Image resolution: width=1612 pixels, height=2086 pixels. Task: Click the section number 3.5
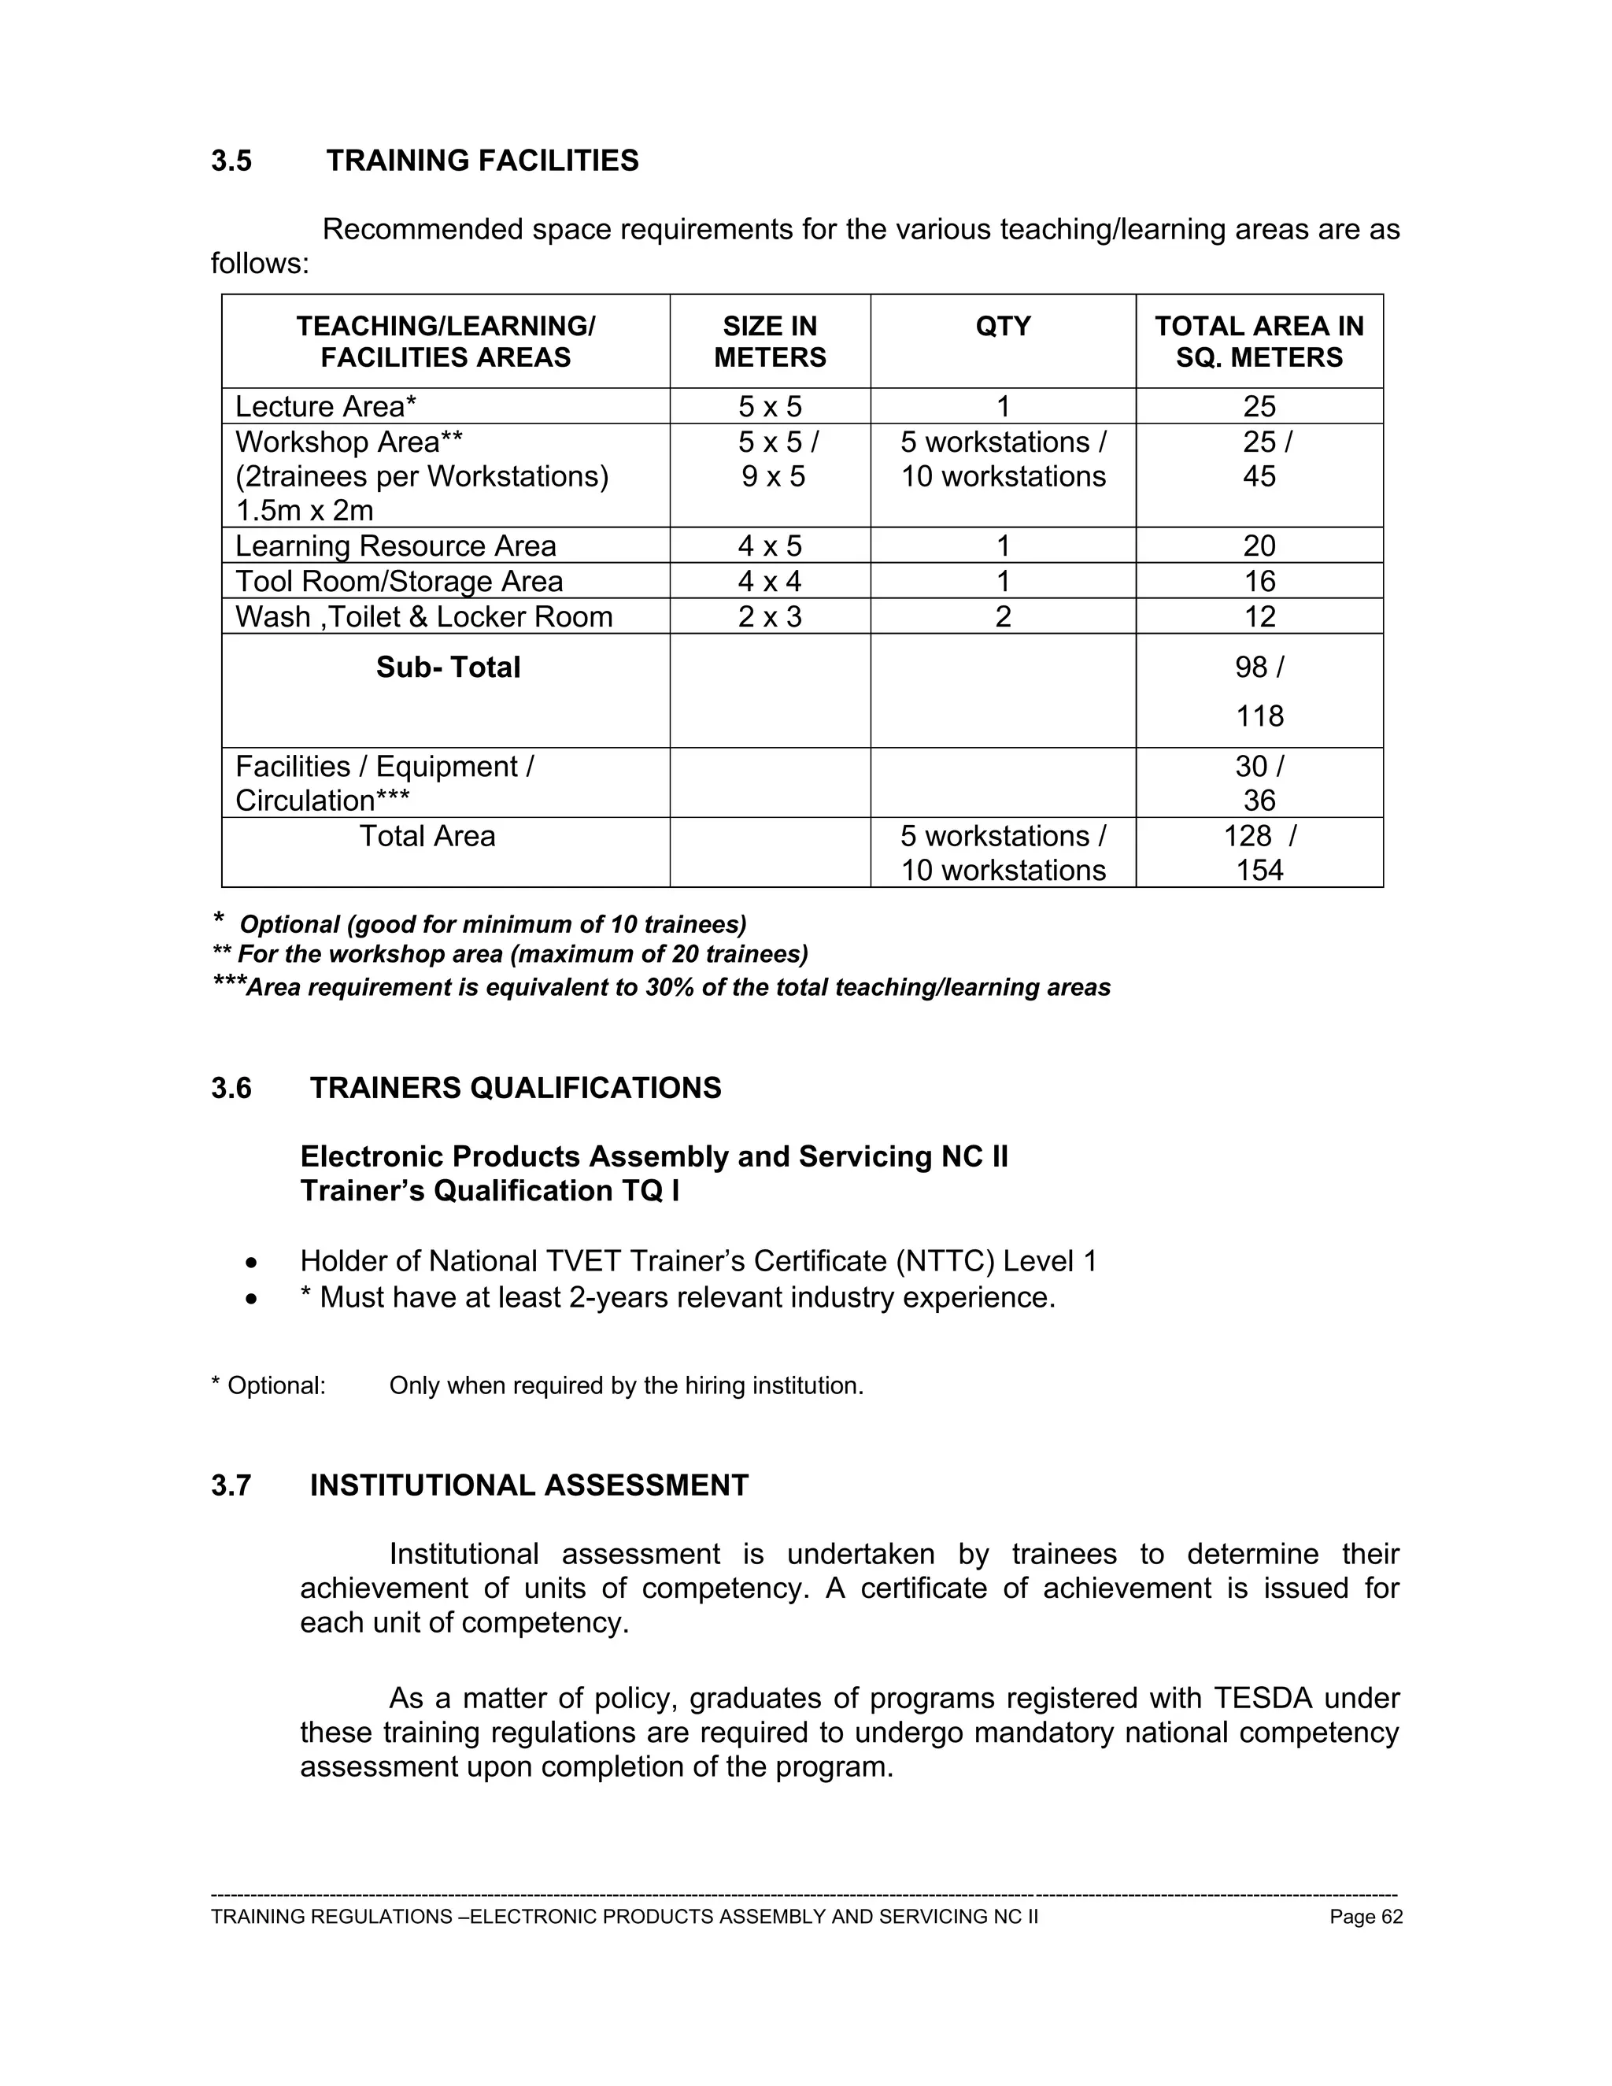click(231, 161)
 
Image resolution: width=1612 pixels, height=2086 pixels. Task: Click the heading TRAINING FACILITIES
click(482, 161)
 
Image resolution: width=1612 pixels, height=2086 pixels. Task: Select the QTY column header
click(1003, 327)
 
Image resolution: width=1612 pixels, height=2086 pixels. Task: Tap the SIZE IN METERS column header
click(770, 342)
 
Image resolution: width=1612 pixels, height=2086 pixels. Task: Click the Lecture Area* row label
click(326, 407)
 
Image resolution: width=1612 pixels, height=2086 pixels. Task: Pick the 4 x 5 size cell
click(770, 546)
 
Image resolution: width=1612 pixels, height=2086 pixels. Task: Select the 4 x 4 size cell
click(770, 582)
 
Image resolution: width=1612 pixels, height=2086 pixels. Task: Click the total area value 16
click(1259, 582)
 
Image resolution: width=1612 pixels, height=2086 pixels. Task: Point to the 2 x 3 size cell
click(770, 617)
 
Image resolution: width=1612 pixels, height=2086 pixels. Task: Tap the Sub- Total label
click(448, 668)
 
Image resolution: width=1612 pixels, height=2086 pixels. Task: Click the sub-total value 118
click(1259, 716)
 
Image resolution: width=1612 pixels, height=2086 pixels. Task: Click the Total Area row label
click(427, 837)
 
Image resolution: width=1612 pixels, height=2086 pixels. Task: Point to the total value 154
click(1259, 870)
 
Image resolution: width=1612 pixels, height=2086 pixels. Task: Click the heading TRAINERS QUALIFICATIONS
click(516, 1088)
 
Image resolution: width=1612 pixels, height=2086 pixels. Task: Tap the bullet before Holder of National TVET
click(251, 1263)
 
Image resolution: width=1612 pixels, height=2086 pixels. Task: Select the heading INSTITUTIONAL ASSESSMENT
click(529, 1485)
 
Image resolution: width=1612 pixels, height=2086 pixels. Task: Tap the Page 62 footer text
click(1366, 1917)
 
